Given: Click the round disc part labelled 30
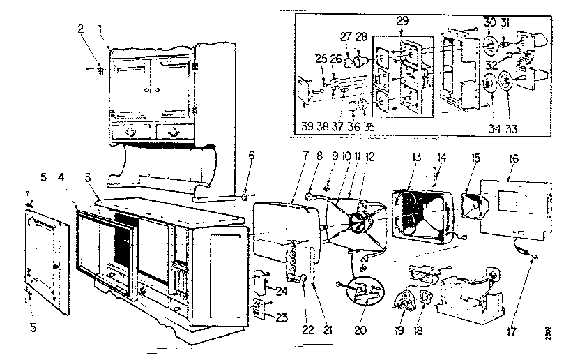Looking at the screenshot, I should pyautogui.click(x=490, y=48).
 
